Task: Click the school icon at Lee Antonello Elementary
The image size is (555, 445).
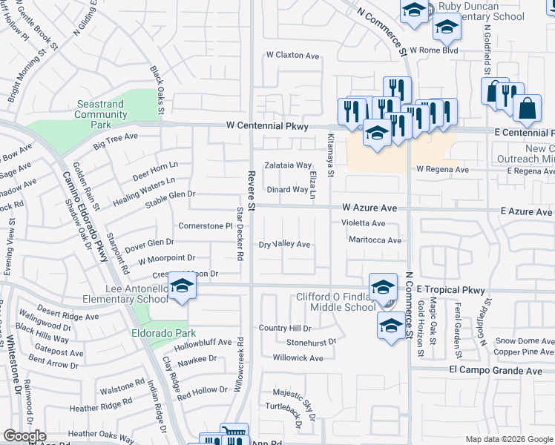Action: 180,285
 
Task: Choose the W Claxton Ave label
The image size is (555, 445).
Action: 292,56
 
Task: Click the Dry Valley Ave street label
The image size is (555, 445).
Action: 284,244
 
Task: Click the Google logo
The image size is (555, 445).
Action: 25,436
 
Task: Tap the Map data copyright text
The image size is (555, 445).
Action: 508,439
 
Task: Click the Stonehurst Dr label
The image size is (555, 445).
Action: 312,343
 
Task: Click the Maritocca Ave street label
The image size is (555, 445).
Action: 375,240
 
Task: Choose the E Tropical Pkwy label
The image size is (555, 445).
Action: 450,289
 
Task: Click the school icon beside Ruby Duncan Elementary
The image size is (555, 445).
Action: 447,27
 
